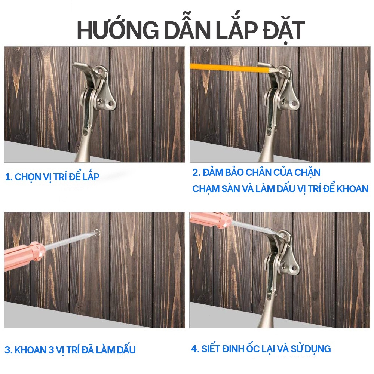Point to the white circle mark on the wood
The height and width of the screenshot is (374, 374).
pos(97,233)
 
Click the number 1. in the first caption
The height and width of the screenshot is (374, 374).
pos(9,177)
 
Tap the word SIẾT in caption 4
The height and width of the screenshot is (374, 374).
pos(211,349)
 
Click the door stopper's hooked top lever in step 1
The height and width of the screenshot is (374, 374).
pos(82,67)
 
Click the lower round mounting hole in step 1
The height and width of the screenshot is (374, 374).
pos(111,104)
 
